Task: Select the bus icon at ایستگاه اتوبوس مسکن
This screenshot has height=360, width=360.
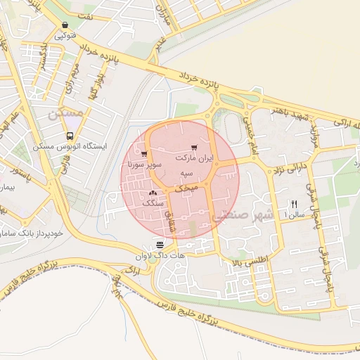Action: [x=69, y=136]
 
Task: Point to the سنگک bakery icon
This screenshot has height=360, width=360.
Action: [x=153, y=193]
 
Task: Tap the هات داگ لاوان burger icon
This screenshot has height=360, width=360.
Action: [x=160, y=245]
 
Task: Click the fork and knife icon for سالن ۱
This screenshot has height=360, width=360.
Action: [x=294, y=204]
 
